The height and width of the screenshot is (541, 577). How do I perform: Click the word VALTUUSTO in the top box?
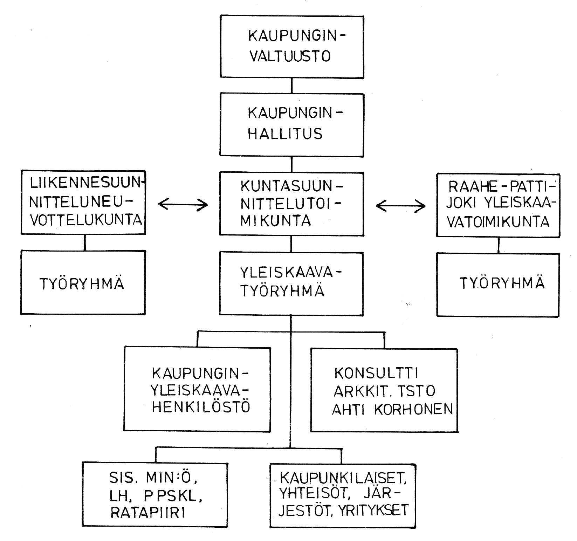pyautogui.click(x=290, y=56)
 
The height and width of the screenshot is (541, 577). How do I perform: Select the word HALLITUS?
pyautogui.click(x=285, y=134)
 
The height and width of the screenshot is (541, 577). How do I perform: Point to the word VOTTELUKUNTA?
pyautogui.click(x=86, y=220)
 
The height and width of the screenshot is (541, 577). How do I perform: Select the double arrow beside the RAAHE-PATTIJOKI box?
pyautogui.click(x=400, y=206)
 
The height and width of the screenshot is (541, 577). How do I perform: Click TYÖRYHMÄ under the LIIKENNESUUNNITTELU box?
pyautogui.click(x=82, y=283)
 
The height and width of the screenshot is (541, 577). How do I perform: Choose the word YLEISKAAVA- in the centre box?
pyautogui.click(x=291, y=273)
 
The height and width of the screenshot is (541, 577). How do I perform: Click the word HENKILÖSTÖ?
pyautogui.click(x=201, y=407)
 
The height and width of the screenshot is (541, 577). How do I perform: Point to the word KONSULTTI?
pyautogui.click(x=376, y=374)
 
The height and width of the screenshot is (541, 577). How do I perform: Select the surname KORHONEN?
pyautogui.click(x=414, y=409)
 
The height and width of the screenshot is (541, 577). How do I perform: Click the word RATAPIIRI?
pyautogui.click(x=147, y=513)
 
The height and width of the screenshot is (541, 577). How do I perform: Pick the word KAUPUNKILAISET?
pyautogui.click(x=343, y=478)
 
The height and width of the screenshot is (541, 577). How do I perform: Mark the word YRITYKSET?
pyautogui.click(x=373, y=511)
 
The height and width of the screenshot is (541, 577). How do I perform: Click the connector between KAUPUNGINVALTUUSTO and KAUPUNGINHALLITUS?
pyautogui.click(x=292, y=85)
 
